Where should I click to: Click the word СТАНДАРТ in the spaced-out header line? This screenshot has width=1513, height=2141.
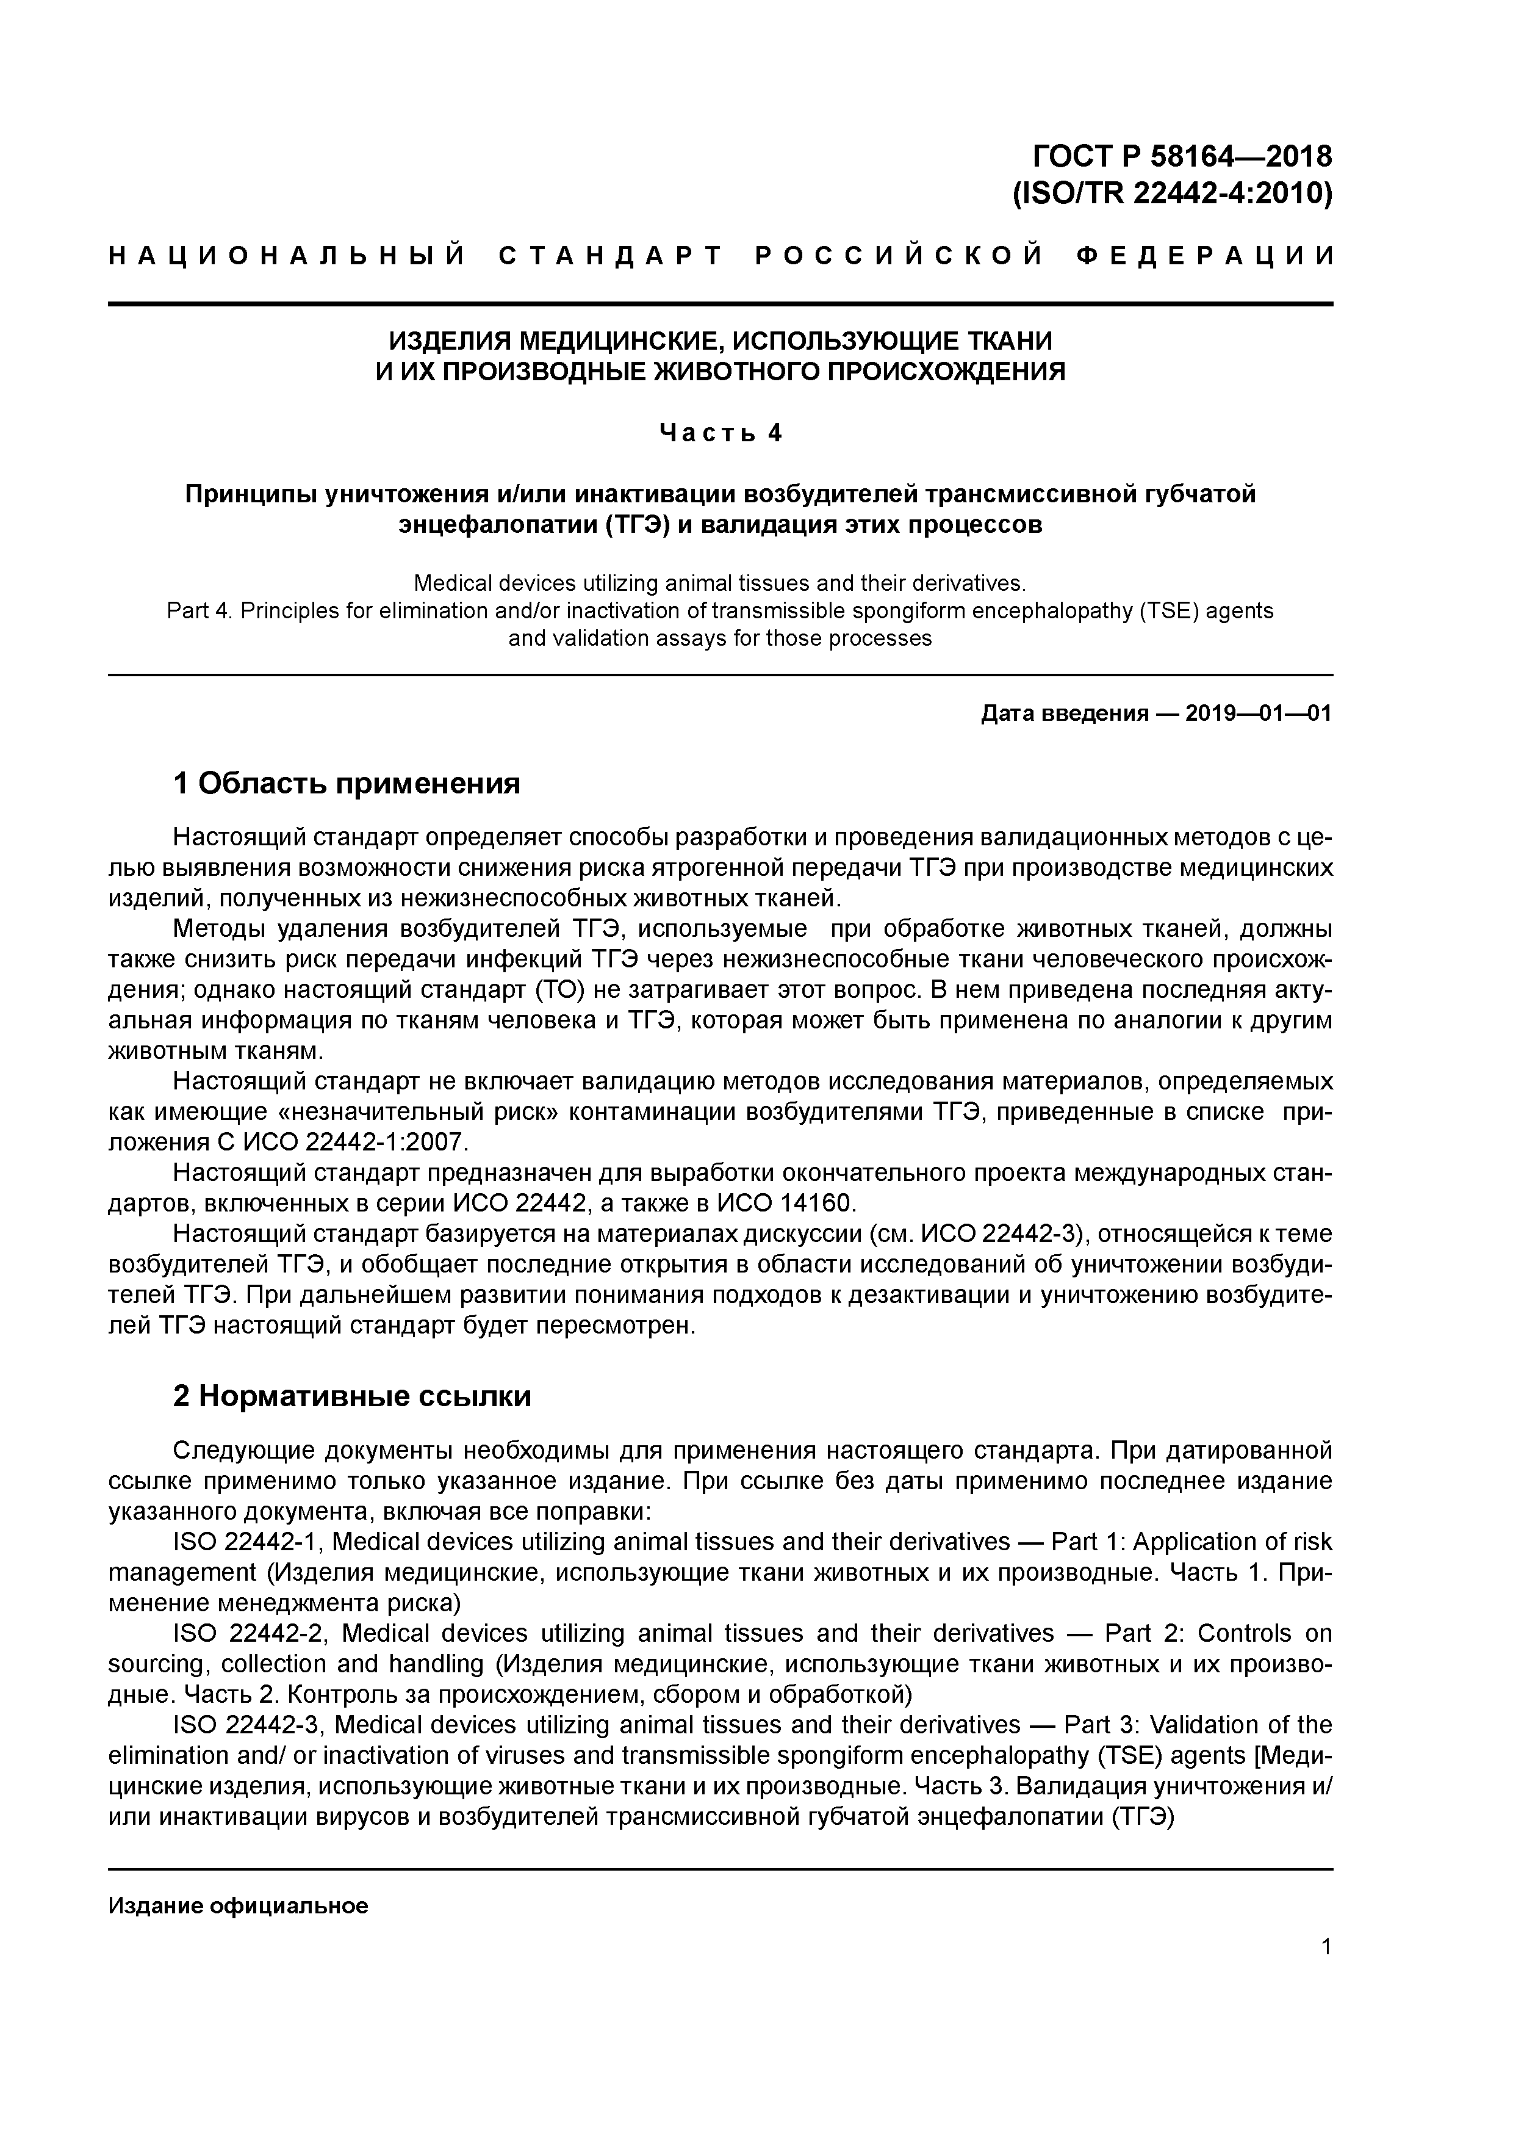click(611, 256)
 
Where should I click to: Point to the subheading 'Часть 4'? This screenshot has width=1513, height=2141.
click(721, 433)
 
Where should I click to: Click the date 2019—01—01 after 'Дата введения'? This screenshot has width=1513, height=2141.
click(1259, 714)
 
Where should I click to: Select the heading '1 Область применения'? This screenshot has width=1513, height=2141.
click(346, 783)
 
